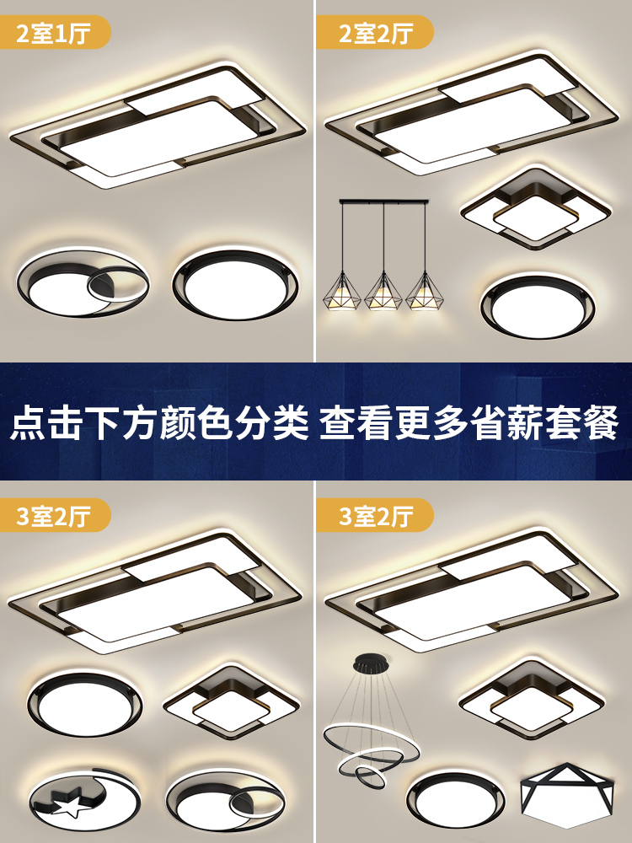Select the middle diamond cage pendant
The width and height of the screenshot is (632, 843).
[383, 291]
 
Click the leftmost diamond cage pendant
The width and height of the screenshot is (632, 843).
[342, 291]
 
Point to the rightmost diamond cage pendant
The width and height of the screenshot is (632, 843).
[425, 291]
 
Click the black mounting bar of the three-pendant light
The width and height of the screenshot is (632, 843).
[384, 202]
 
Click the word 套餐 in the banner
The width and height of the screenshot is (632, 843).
[582, 423]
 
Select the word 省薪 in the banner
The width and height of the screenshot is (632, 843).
[506, 423]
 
